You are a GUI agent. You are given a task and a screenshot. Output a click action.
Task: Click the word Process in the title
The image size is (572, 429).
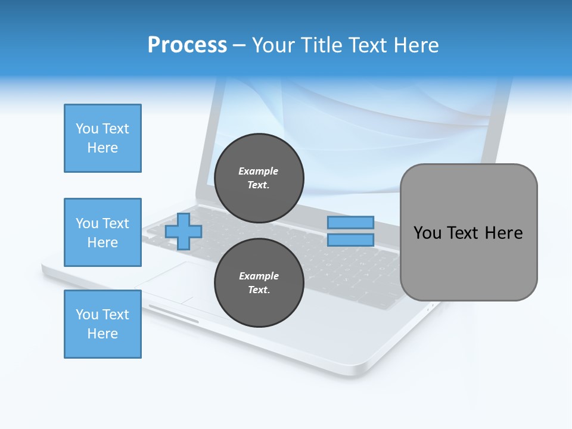click(187, 45)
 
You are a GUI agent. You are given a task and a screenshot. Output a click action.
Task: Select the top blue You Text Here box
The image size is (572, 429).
click(102, 138)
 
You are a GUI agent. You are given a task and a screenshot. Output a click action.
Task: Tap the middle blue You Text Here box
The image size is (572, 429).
click(102, 232)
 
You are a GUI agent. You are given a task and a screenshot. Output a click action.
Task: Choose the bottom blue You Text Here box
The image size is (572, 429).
click(102, 324)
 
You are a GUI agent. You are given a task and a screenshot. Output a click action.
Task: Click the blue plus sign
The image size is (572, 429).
click(184, 232)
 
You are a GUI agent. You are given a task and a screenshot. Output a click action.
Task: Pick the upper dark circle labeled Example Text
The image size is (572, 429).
click(259, 178)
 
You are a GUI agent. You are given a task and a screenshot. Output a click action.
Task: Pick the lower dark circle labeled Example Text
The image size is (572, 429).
click(259, 283)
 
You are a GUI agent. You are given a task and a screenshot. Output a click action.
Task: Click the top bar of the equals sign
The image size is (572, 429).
click(350, 223)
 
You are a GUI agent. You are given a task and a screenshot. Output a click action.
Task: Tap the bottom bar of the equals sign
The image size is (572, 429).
click(350, 240)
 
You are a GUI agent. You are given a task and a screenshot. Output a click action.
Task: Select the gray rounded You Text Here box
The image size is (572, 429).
click(468, 232)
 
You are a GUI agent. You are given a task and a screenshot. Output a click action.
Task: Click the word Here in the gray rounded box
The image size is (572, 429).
click(503, 233)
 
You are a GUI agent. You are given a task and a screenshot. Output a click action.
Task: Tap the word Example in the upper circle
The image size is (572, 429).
click(259, 171)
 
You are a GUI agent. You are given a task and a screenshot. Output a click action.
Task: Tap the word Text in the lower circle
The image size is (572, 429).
click(259, 290)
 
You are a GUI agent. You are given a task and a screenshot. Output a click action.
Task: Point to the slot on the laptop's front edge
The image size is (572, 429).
click(173, 314)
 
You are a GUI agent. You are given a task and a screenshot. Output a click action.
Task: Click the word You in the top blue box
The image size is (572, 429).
click(86, 129)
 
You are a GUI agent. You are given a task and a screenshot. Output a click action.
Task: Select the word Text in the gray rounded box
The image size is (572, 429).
click(462, 233)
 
